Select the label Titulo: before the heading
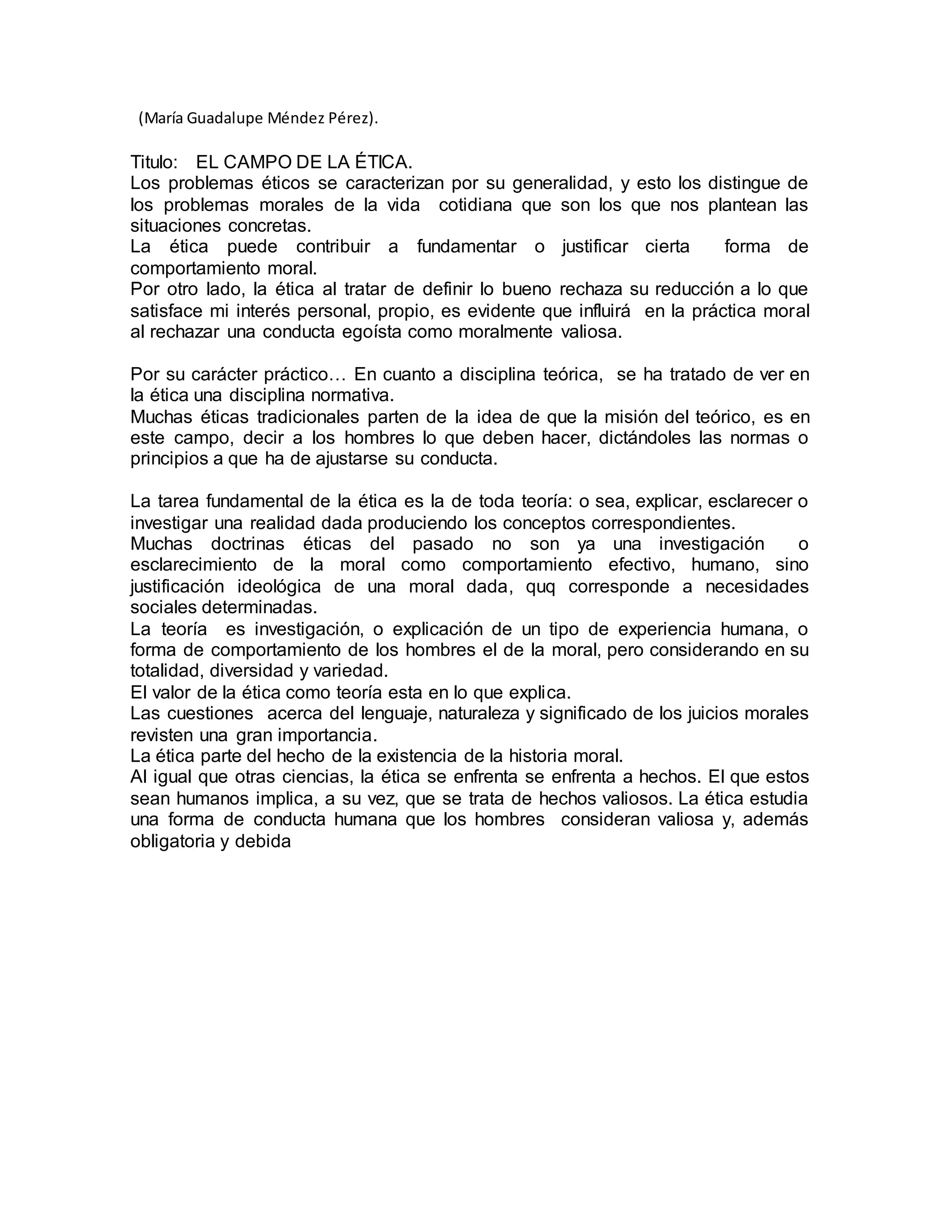tap(154, 162)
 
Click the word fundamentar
tap(467, 247)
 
